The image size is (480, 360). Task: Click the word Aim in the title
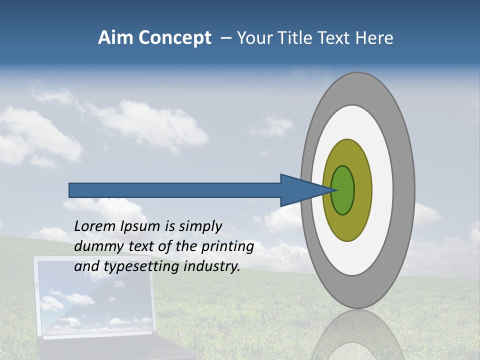click(x=114, y=38)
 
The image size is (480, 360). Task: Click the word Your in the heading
click(x=255, y=38)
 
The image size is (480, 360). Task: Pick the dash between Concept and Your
click(x=225, y=38)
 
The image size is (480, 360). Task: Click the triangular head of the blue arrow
click(x=300, y=190)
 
